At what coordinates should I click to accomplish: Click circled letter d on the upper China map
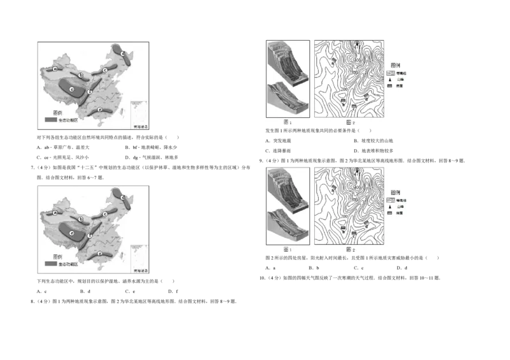click(123, 54)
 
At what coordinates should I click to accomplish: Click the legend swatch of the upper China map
click(50, 120)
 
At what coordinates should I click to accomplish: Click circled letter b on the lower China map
click(81, 219)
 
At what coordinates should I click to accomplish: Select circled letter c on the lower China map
click(105, 214)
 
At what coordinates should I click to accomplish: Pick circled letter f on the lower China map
click(90, 236)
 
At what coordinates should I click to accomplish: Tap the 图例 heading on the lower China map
click(55, 256)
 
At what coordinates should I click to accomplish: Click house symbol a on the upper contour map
click(333, 61)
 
